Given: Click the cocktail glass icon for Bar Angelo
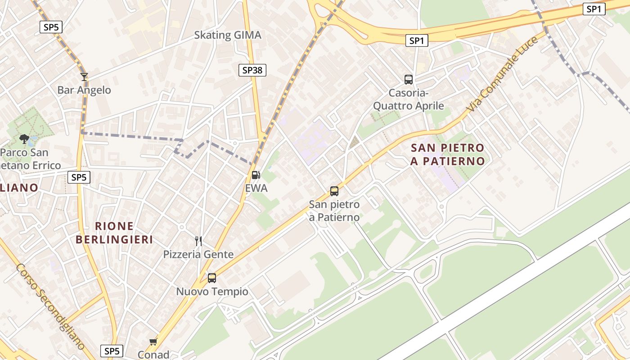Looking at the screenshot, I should [x=84, y=77].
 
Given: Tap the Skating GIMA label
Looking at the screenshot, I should [x=227, y=35].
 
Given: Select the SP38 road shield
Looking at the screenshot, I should [x=252, y=70].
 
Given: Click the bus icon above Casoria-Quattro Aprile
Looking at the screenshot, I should [x=409, y=80].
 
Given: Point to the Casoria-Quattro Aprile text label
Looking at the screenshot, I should [x=409, y=99].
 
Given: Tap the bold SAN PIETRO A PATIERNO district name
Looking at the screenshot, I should [x=447, y=154].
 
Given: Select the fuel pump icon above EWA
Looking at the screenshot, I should [x=256, y=175].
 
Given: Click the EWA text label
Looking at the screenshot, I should [x=256, y=188].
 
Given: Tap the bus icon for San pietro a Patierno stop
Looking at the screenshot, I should [x=334, y=191].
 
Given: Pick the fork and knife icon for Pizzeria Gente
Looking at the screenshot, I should [x=198, y=241].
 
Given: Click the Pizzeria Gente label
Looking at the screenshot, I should [x=198, y=254].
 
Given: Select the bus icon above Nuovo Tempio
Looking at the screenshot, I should [x=212, y=278].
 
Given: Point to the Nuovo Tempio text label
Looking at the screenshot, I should [x=212, y=292].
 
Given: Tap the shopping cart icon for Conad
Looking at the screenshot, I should [x=153, y=342].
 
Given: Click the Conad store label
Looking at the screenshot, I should [x=153, y=355].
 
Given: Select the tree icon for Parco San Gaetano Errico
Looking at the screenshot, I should [x=24, y=139].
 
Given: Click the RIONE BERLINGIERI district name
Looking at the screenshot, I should [x=114, y=233].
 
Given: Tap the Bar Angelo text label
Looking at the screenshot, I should [x=84, y=90].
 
